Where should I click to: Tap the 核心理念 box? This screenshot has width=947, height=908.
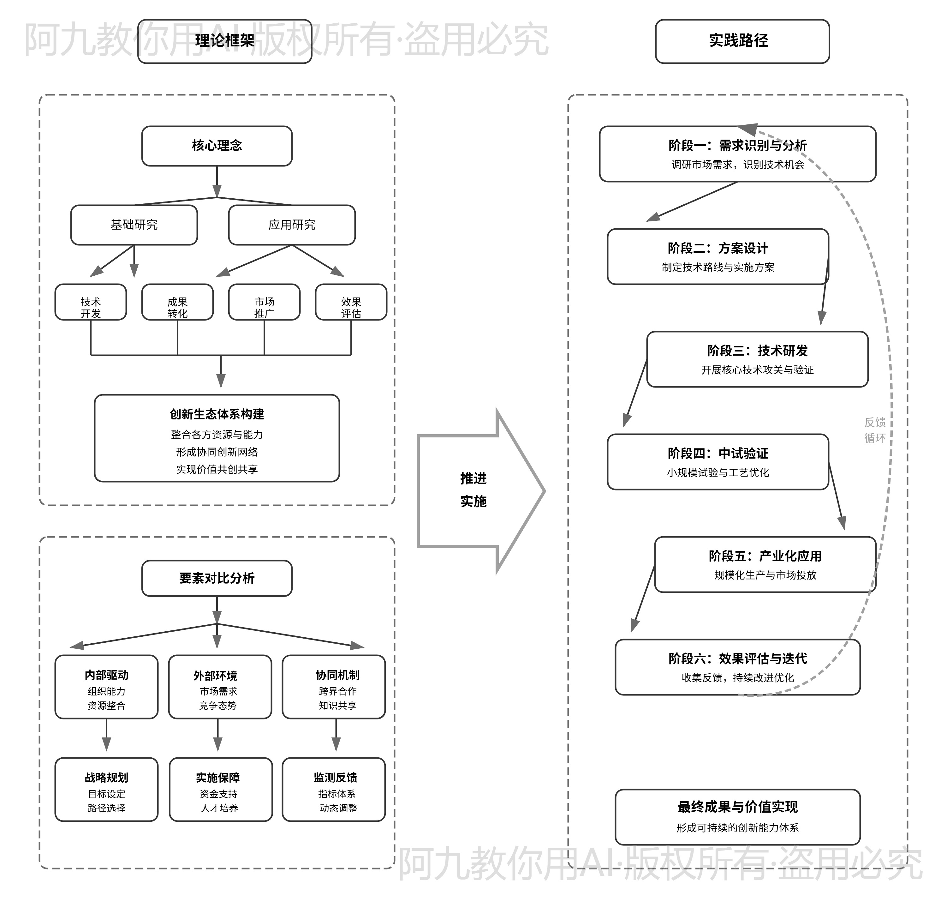(217, 146)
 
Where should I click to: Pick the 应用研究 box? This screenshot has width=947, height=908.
(291, 225)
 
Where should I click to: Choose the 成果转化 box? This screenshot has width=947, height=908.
(177, 302)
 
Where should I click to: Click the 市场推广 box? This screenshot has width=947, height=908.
(264, 302)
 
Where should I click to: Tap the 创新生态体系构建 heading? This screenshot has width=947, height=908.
(217, 414)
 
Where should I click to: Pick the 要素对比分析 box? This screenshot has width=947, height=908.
(217, 578)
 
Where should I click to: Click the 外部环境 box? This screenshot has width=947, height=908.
(219, 687)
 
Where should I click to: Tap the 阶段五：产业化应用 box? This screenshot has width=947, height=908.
(765, 564)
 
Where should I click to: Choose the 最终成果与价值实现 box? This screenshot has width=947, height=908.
(737, 817)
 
